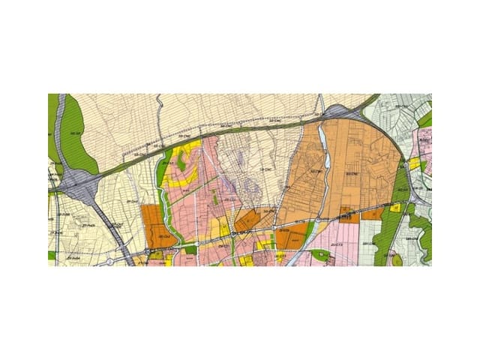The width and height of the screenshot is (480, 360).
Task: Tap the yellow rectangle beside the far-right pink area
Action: click(x=414, y=163)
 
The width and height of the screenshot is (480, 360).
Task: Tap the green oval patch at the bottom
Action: click(x=322, y=256)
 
